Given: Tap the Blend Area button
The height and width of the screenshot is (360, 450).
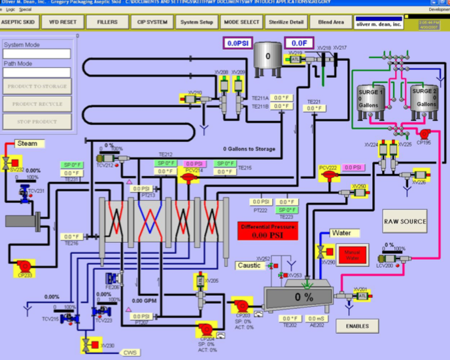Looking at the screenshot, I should pos(332,22).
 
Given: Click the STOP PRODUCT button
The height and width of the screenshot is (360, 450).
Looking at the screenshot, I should pos(37,122).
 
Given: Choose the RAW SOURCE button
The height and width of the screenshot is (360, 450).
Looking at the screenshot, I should pos(405,221).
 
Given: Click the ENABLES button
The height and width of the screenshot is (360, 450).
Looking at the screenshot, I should pos(357,325).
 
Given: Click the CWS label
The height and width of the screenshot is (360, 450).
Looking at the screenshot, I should pos(131,352).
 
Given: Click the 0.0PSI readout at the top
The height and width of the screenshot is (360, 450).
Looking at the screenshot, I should pos(235,43).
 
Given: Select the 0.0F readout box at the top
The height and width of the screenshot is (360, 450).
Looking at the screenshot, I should pos(298,43).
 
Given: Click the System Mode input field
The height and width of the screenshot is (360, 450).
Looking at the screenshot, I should pos(37,54).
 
